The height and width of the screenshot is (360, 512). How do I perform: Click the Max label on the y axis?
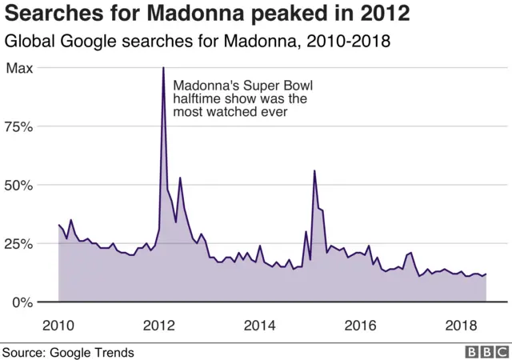click(x=20, y=69)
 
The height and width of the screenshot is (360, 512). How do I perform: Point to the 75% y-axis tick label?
click(x=19, y=127)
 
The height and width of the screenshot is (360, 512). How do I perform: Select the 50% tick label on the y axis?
click(x=19, y=186)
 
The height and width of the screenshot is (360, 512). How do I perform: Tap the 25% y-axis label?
click(x=19, y=244)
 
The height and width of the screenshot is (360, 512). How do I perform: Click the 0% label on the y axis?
click(x=22, y=302)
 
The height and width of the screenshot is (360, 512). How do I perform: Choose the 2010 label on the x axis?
click(x=59, y=326)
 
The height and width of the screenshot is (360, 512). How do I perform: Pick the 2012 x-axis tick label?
click(x=159, y=326)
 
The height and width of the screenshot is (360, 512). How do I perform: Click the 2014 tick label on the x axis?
click(x=260, y=326)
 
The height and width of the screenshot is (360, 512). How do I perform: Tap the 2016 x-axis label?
click(x=361, y=326)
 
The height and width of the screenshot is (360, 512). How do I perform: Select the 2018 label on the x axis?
click(x=462, y=326)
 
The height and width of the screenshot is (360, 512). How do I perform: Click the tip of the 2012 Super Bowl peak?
click(x=163, y=68)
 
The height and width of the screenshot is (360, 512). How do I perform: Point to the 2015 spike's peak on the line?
click(x=314, y=171)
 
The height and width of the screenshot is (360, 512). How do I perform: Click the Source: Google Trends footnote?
click(x=67, y=352)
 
